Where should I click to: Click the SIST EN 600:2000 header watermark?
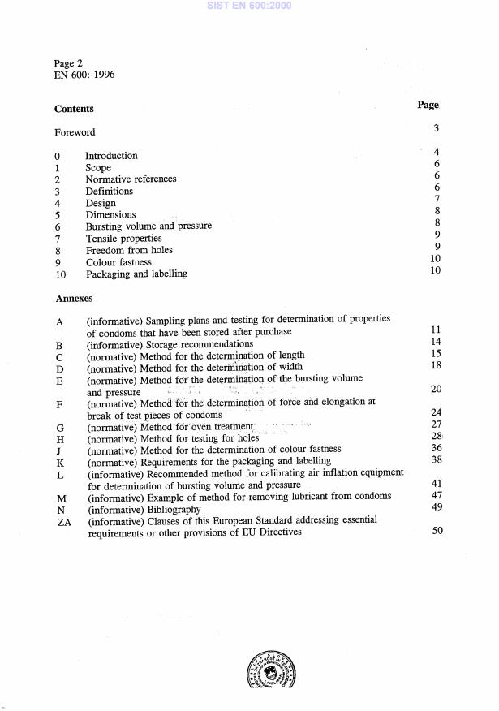(x=249, y=6)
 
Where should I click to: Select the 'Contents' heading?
(x=74, y=109)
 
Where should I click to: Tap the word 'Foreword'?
(x=75, y=132)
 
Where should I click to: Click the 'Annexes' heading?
(x=73, y=299)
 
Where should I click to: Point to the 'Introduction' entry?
(x=111, y=156)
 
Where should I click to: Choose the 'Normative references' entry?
(x=131, y=179)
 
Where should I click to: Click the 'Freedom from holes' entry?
(x=129, y=251)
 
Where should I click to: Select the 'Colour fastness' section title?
(x=118, y=262)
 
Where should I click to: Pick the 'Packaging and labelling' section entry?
(x=136, y=274)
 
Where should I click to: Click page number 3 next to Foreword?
(x=437, y=128)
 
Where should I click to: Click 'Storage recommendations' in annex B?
(x=197, y=344)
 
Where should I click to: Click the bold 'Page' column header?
(x=428, y=105)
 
